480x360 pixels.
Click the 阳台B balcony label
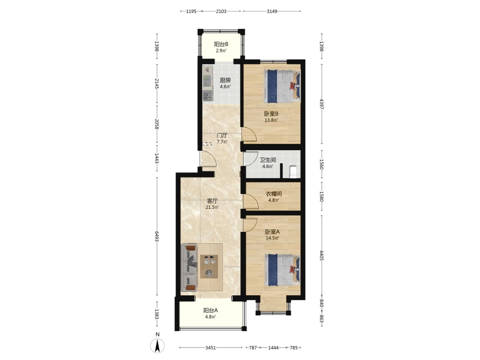click(x=221, y=44)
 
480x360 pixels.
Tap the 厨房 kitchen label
click(x=225, y=80)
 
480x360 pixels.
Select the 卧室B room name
click(x=271, y=114)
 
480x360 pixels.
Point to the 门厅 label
click(x=222, y=135)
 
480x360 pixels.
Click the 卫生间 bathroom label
click(x=268, y=160)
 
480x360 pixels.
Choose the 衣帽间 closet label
click(x=274, y=194)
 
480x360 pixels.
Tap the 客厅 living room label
click(x=213, y=201)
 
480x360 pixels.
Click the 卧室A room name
click(x=273, y=232)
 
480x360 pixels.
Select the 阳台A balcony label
click(x=211, y=310)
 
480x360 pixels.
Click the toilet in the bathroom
click(x=293, y=172)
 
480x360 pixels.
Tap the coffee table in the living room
click(x=209, y=266)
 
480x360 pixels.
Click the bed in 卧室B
click(x=282, y=86)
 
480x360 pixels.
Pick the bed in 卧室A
click(x=283, y=270)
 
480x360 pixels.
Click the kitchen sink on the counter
click(x=208, y=96)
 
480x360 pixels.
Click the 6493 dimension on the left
click(x=157, y=236)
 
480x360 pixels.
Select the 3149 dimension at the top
click(x=272, y=12)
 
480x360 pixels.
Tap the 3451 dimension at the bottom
click(x=211, y=348)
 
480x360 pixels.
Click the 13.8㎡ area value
click(x=271, y=120)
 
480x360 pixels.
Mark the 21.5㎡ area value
click(x=213, y=207)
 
